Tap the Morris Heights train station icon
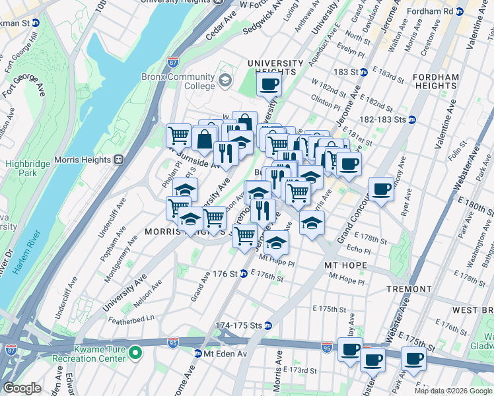point(119,159)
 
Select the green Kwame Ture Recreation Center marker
point(135,352)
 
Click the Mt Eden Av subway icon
point(197,354)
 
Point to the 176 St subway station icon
point(243,274)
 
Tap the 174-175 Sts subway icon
point(268,325)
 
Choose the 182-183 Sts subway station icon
point(411,119)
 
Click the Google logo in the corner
point(22,388)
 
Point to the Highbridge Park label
point(22,168)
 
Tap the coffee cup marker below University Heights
point(269,84)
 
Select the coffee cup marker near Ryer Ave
point(381,189)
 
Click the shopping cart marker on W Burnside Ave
point(178,136)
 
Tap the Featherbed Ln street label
point(132,317)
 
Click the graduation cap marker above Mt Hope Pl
point(277,242)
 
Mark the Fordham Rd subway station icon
point(458,11)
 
